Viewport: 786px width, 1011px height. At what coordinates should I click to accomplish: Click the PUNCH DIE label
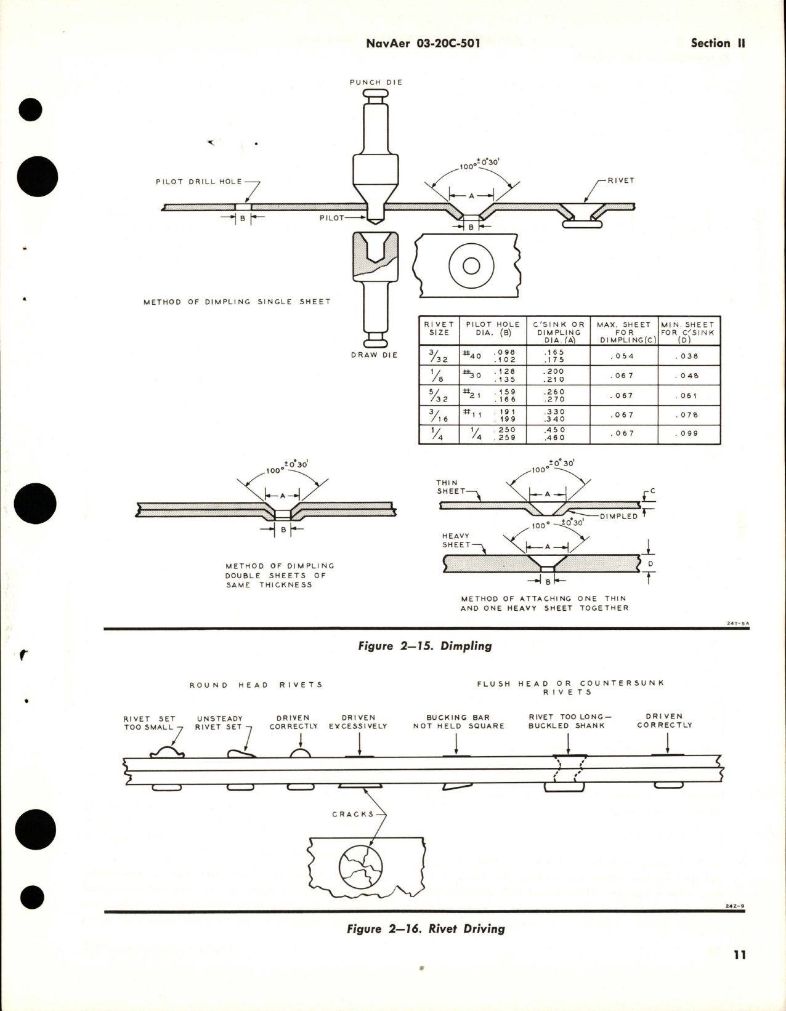pyautogui.click(x=376, y=82)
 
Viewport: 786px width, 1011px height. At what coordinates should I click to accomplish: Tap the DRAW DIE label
pyautogui.click(x=374, y=355)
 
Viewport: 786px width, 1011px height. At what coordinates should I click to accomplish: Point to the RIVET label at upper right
pyautogui.click(x=620, y=180)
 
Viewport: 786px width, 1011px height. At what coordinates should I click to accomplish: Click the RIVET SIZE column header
pyautogui.click(x=439, y=328)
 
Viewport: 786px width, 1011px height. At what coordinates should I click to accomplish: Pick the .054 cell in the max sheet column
pyautogui.click(x=623, y=356)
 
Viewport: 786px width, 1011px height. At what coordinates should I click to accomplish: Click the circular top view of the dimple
pyautogui.click(x=471, y=266)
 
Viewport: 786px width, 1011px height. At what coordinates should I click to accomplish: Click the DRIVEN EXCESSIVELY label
pyautogui.click(x=358, y=722)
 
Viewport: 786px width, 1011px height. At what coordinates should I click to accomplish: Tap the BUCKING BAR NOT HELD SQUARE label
pyautogui.click(x=458, y=722)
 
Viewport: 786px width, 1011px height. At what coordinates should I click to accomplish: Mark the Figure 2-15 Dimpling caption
pyautogui.click(x=424, y=646)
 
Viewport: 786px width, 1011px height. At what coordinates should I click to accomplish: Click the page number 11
pyautogui.click(x=740, y=954)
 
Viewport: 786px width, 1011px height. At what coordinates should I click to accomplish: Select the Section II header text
pyautogui.click(x=718, y=43)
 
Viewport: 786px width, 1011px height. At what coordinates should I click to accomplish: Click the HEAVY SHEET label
pyautogui.click(x=456, y=541)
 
